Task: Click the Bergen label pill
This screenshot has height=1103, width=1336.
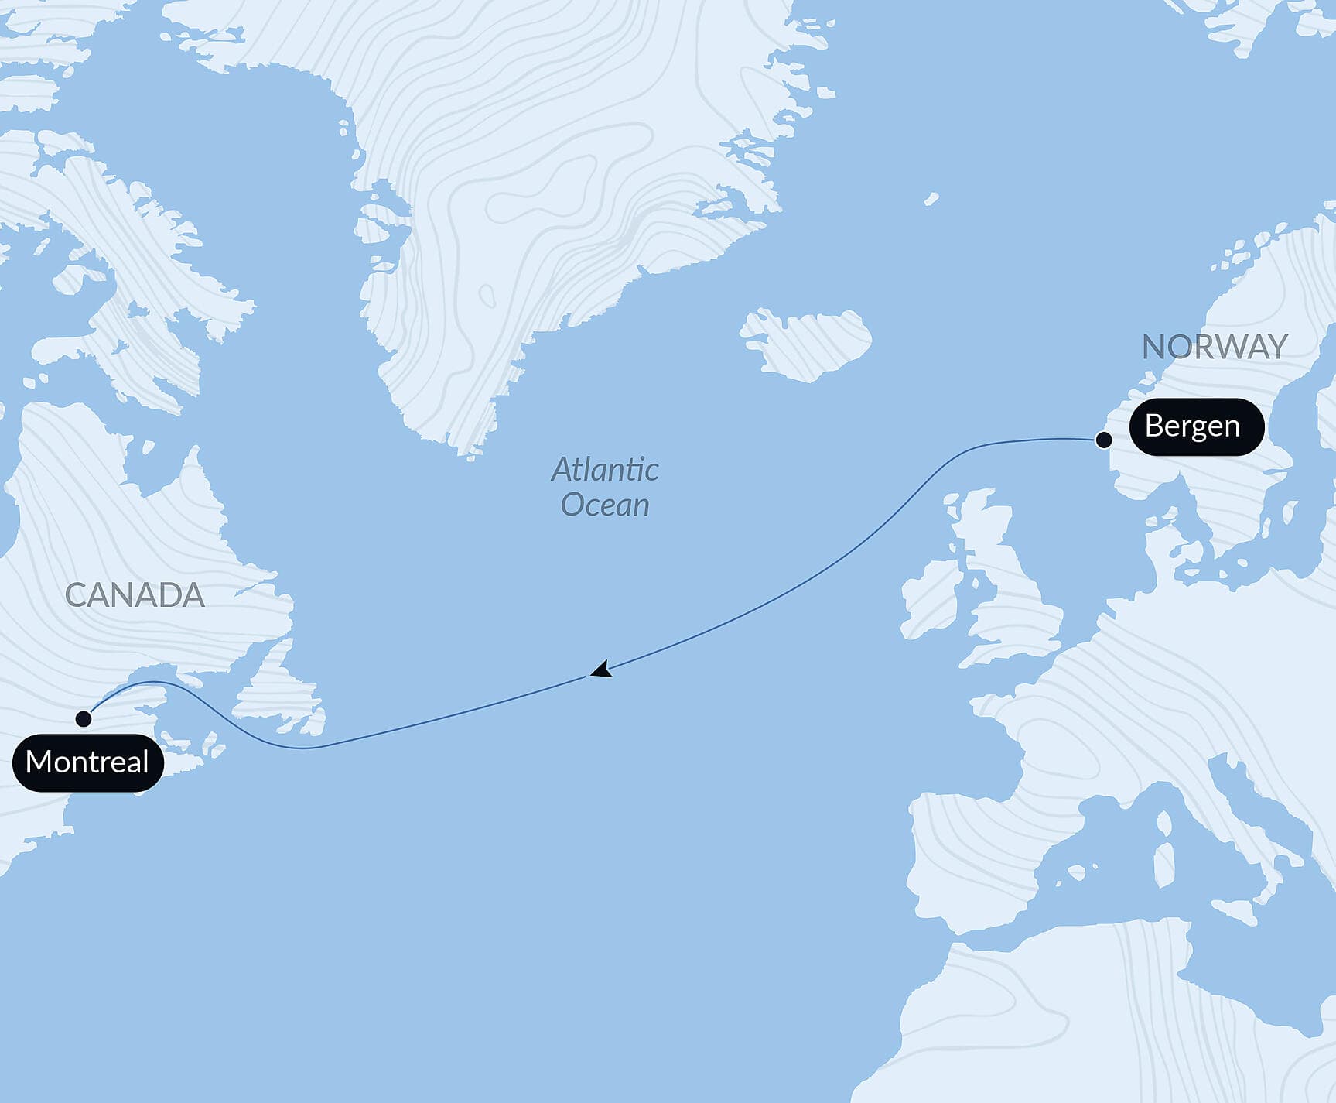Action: pyautogui.click(x=1196, y=426)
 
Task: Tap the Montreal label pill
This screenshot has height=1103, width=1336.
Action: pyautogui.click(x=87, y=762)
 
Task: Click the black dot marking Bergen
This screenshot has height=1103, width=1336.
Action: pyautogui.click(x=1104, y=440)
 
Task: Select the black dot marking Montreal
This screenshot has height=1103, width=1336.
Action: pyautogui.click(x=84, y=719)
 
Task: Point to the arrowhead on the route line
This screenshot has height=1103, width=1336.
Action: pyautogui.click(x=601, y=670)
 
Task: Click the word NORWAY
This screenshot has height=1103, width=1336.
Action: pyautogui.click(x=1215, y=347)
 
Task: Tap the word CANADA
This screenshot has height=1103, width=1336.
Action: pyautogui.click(x=135, y=595)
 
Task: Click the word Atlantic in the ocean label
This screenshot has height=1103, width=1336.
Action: pyautogui.click(x=605, y=469)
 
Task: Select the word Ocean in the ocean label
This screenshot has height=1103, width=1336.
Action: pyautogui.click(x=605, y=505)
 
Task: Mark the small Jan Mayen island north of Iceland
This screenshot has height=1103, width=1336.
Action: pyautogui.click(x=931, y=200)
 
